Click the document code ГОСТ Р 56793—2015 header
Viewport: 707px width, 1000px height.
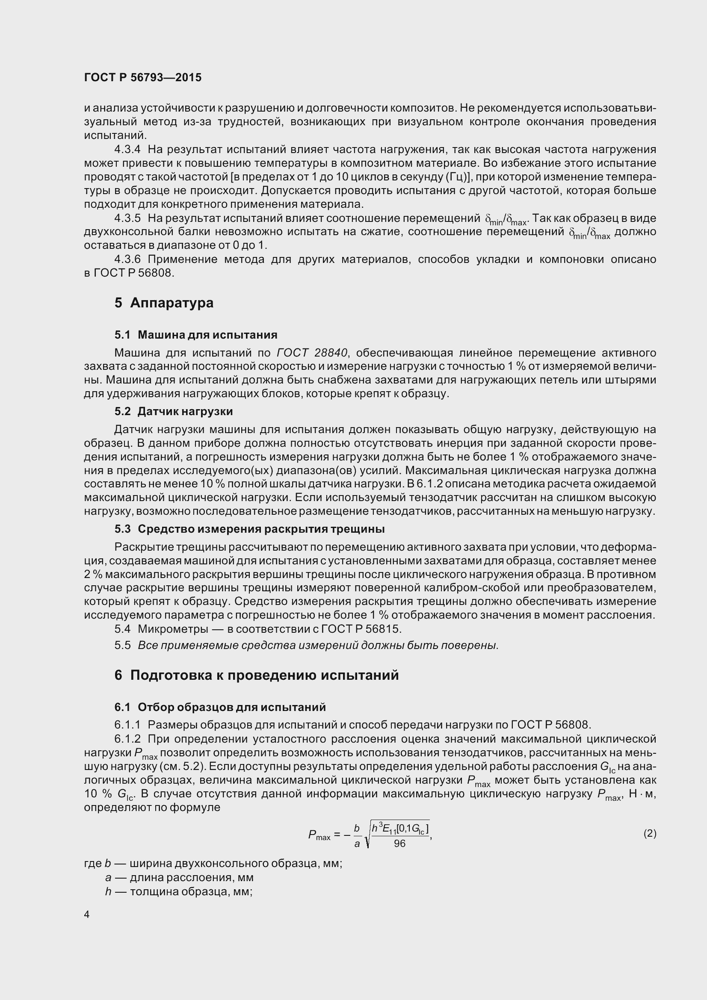coord(142,77)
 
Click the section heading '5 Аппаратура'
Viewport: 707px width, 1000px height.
coord(164,303)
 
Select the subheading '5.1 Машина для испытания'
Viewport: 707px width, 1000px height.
coord(195,335)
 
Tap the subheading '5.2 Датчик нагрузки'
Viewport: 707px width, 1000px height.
coord(173,412)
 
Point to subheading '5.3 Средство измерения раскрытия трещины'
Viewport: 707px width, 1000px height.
coord(249,529)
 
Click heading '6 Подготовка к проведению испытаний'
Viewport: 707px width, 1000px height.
coord(257,675)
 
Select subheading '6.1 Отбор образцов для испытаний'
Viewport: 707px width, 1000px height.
coord(220,707)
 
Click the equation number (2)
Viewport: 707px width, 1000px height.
coord(650,834)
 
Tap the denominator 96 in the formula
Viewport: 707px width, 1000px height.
coord(399,844)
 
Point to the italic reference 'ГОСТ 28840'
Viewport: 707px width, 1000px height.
coord(312,353)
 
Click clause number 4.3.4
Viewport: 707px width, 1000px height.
coord(127,149)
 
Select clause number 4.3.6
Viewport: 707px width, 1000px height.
coord(127,260)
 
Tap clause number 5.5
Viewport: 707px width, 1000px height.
coord(122,646)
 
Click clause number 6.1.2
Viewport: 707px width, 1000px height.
coord(127,739)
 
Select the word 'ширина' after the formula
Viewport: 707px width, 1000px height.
coord(150,863)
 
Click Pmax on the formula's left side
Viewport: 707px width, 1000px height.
coord(319,835)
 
